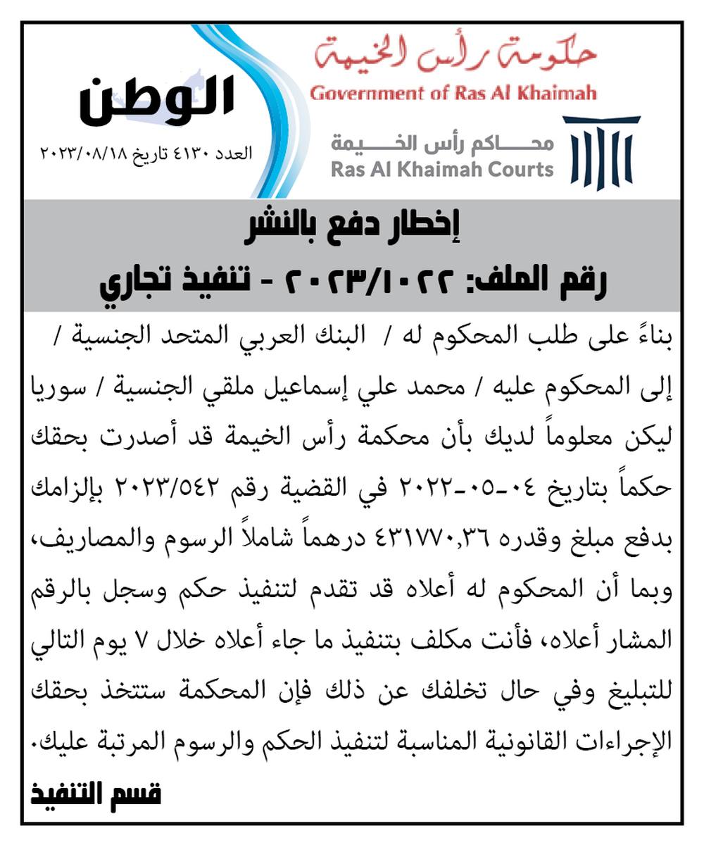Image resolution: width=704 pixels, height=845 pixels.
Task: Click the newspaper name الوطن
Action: [x=156, y=99]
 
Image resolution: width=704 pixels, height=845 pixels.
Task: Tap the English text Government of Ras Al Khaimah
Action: [x=453, y=93]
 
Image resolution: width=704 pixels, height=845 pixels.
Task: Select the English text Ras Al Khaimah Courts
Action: [x=442, y=170]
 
